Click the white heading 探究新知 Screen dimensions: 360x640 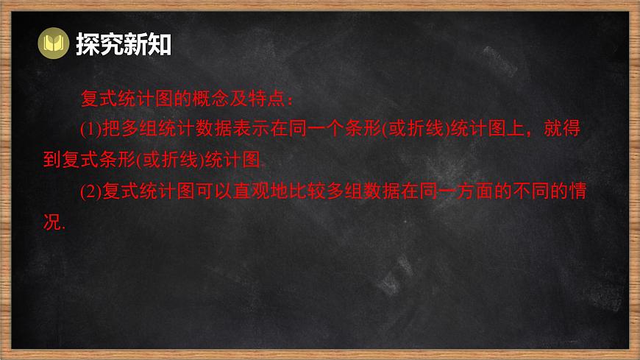coord(124,45)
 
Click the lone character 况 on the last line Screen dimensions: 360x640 coord(54,223)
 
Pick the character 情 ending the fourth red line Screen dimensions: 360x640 coord(577,192)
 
